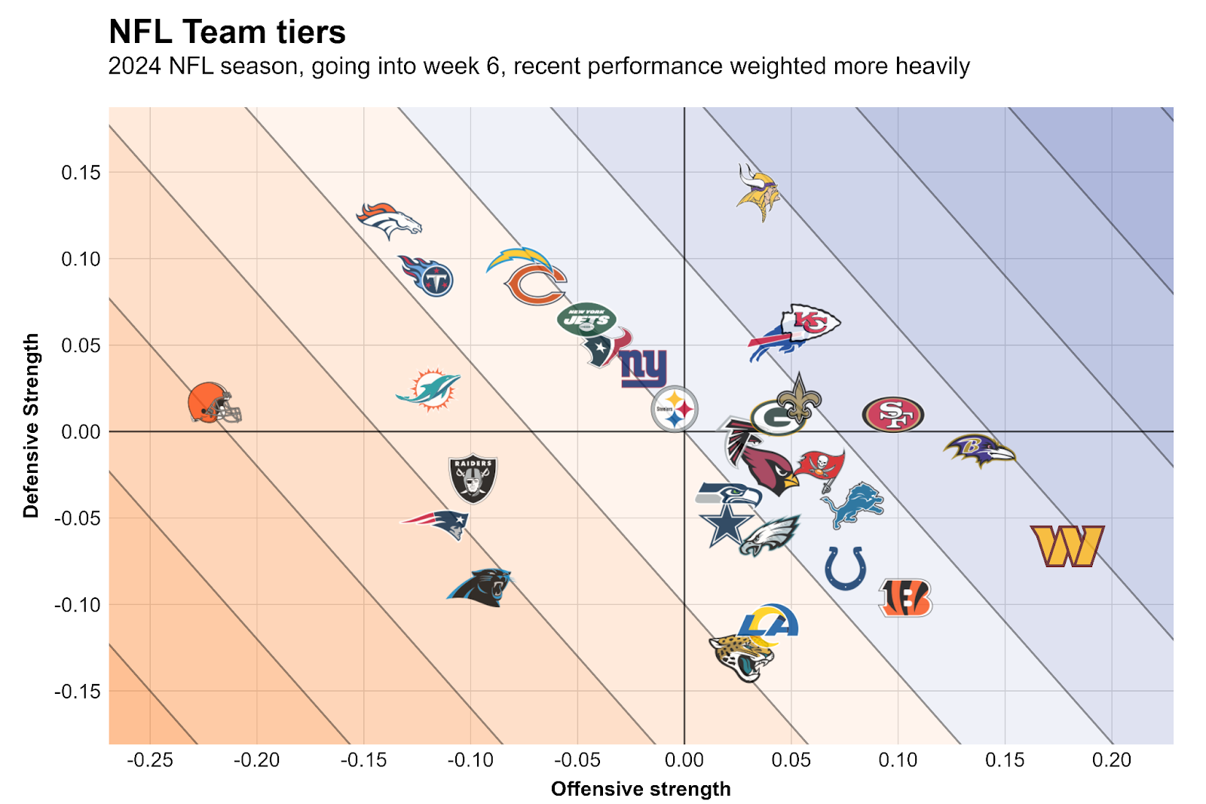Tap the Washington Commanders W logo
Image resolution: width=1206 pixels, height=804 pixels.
pyautogui.click(x=1067, y=546)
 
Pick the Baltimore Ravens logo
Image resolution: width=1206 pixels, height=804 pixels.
pyautogui.click(x=978, y=450)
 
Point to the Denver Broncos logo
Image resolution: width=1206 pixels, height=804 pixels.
pyautogui.click(x=388, y=219)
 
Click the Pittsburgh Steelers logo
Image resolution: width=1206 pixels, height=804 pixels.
pyautogui.click(x=675, y=409)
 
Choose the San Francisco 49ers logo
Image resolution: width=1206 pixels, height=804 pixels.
pyautogui.click(x=892, y=414)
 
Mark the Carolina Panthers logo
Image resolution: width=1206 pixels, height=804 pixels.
pyautogui.click(x=480, y=587)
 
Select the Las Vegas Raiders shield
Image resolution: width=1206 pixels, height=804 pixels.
pyautogui.click(x=473, y=479)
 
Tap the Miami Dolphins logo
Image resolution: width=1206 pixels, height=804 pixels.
pyautogui.click(x=428, y=389)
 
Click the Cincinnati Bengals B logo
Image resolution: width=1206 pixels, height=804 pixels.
pyautogui.click(x=905, y=598)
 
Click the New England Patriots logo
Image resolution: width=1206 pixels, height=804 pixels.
pyautogui.click(x=436, y=523)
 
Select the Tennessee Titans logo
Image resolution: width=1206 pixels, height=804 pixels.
pyautogui.click(x=427, y=275)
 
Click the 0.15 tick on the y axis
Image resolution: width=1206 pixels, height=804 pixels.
pyautogui.click(x=81, y=173)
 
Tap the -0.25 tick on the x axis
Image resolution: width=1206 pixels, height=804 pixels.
pyautogui.click(x=150, y=760)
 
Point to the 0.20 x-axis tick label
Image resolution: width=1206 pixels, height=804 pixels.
pyautogui.click(x=1112, y=760)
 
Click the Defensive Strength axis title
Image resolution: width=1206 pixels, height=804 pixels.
pyautogui.click(x=31, y=425)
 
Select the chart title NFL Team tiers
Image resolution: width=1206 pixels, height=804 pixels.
pyautogui.click(x=227, y=32)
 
